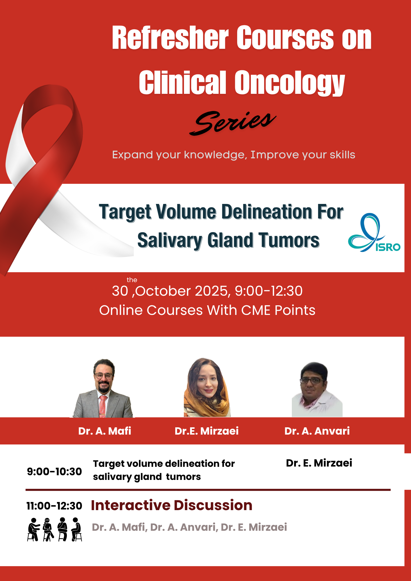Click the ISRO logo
pyautogui.click(x=374, y=232)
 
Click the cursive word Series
pyautogui.click(x=233, y=123)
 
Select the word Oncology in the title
pyautogui.click(x=290, y=83)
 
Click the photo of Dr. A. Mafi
pyautogui.click(x=103, y=388)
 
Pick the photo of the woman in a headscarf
pyautogui.click(x=207, y=388)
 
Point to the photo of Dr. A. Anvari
pyautogui.click(x=317, y=389)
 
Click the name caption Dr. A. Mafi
pyautogui.click(x=105, y=431)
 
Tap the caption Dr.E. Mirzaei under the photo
pyautogui.click(x=207, y=431)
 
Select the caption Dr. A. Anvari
pyautogui.click(x=317, y=431)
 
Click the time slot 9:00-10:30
pyautogui.click(x=54, y=471)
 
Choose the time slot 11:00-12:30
pyautogui.click(x=54, y=506)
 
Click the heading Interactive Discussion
pyautogui.click(x=171, y=505)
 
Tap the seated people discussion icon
pyautogui.click(x=55, y=529)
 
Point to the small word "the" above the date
pyautogui.click(x=132, y=280)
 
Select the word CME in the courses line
pyautogui.click(x=256, y=310)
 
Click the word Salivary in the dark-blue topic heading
pyautogui.click(x=170, y=241)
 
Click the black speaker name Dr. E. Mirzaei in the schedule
pyautogui.click(x=319, y=463)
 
